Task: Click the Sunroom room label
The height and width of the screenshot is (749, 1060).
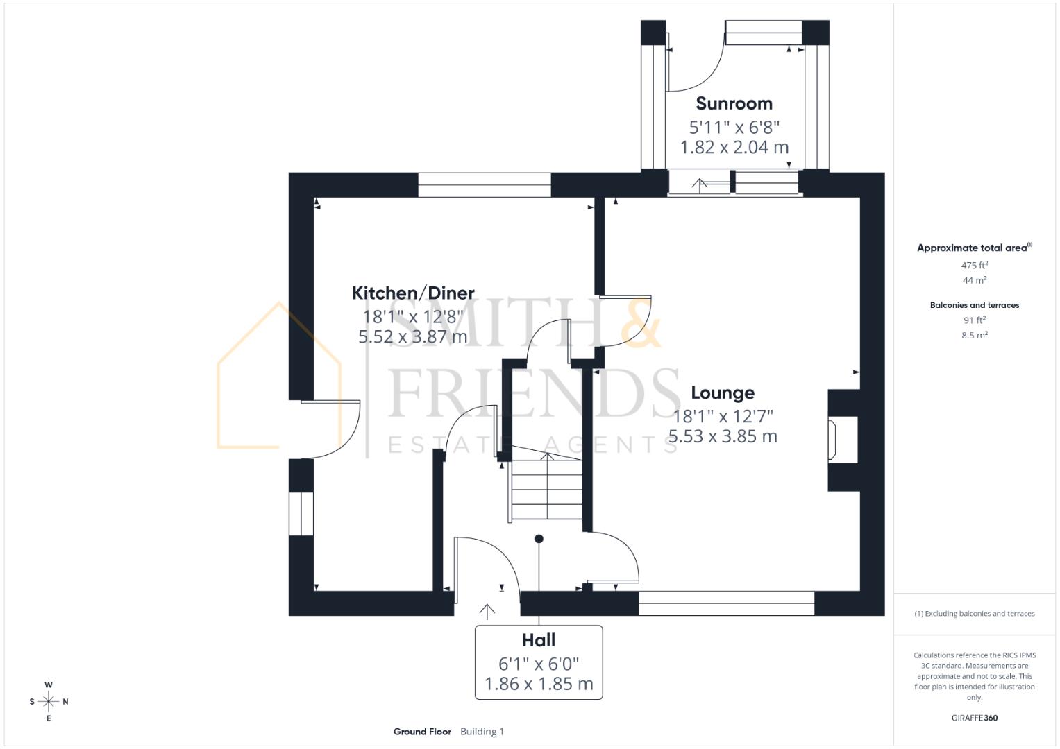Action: click(x=734, y=103)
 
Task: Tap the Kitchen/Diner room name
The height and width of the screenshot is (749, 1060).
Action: click(x=413, y=293)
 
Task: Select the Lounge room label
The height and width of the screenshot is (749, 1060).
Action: click(x=723, y=393)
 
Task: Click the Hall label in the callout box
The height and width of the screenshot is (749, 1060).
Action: click(x=538, y=640)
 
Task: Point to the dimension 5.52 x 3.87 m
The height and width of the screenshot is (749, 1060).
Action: click(x=412, y=337)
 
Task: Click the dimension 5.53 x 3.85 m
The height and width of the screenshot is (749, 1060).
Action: click(x=723, y=436)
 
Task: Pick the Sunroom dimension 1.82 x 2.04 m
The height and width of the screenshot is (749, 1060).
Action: click(x=734, y=147)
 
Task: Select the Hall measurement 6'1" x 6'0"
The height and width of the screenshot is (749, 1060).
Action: click(x=538, y=663)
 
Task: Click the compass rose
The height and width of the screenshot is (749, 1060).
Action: click(x=49, y=701)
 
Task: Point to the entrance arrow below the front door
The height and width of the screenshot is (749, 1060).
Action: click(x=487, y=611)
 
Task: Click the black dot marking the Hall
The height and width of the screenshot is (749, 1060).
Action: click(x=539, y=539)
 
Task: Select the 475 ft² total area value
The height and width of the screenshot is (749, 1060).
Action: click(x=974, y=265)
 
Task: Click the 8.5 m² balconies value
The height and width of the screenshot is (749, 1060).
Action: click(x=974, y=335)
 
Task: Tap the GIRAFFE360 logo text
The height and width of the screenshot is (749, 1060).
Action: click(x=974, y=718)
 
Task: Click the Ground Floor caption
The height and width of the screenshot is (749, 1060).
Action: click(x=422, y=732)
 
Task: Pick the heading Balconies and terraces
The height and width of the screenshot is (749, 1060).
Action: click(x=974, y=305)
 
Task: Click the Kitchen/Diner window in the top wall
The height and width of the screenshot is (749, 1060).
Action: click(x=484, y=185)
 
